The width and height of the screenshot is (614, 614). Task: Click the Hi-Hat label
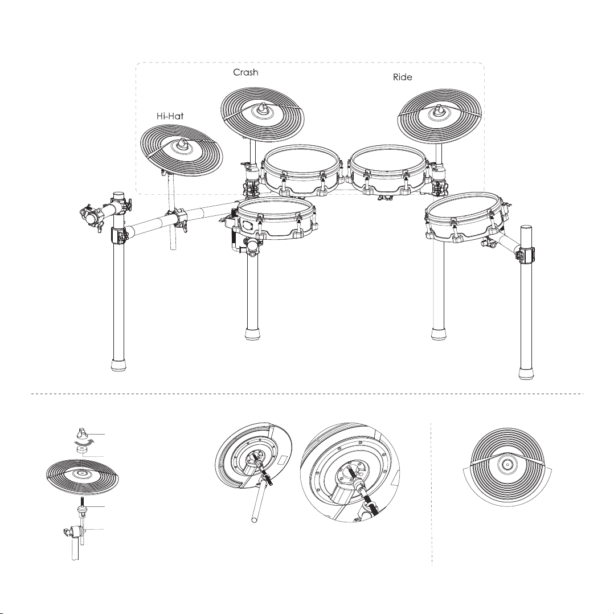pos(170,116)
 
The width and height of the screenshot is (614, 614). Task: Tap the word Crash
pos(245,72)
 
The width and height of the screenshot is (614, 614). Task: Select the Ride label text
pos(403,77)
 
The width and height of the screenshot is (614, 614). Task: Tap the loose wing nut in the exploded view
pos(82,433)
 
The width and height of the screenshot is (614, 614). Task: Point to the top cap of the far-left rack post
pos(118,195)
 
